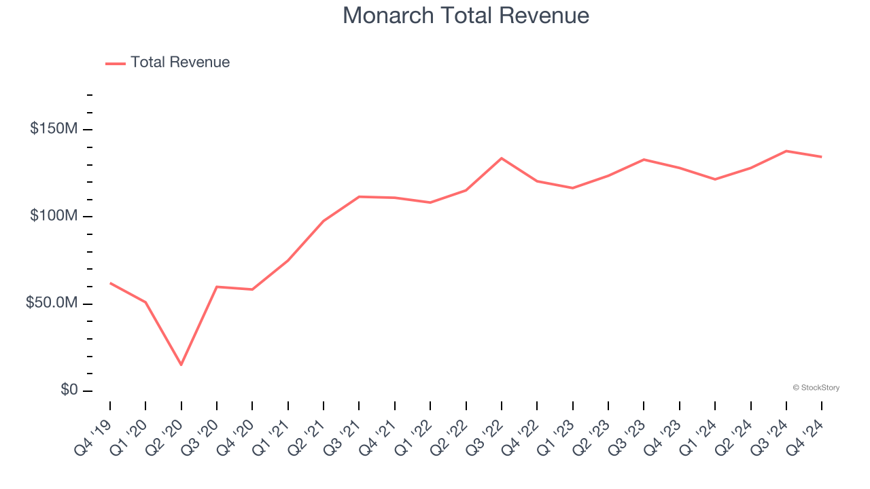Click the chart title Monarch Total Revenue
coord(466,15)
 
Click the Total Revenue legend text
coord(180,62)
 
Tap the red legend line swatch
coord(116,63)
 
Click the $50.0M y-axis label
coord(52,303)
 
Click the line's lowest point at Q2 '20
coord(181,365)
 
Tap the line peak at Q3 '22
coord(502,158)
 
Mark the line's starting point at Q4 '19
coord(110,283)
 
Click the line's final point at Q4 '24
coord(821,157)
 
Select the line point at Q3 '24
coord(786,151)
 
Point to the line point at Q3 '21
coord(359,196)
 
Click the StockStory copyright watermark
coord(816,388)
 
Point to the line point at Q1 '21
coord(288,260)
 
